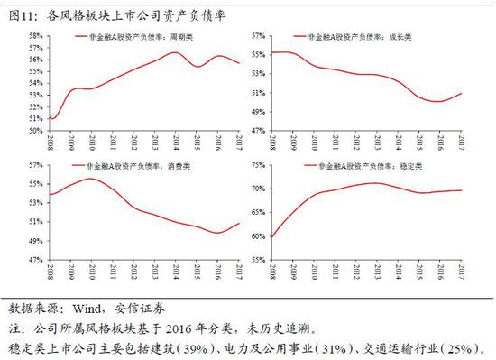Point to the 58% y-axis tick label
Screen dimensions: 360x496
tap(36, 36)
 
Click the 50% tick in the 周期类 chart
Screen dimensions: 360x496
tap(36, 130)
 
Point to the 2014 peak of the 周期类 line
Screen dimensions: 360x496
tap(175, 52)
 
